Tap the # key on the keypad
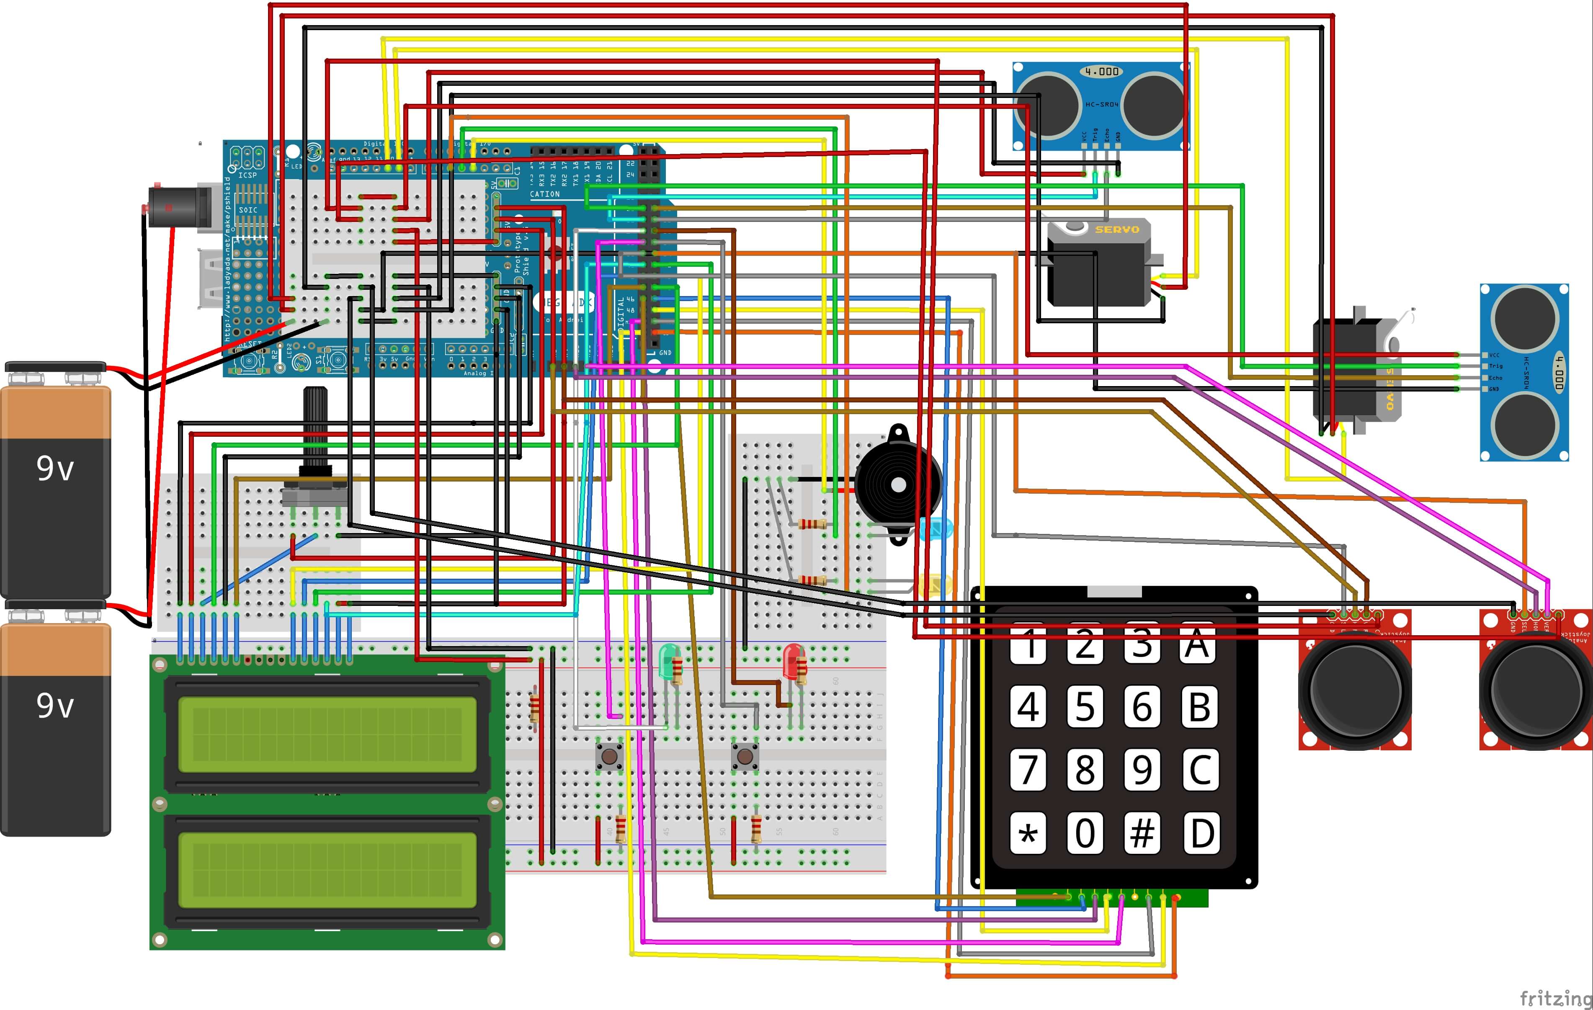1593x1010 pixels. (1142, 833)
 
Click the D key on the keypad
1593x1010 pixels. (1201, 833)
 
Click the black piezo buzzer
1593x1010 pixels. (898, 485)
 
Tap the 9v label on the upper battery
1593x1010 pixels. (55, 468)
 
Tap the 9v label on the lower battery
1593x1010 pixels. (55, 705)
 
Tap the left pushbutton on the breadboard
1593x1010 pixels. (609, 755)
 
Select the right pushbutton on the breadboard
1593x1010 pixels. (745, 755)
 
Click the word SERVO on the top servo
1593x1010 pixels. (1117, 229)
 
